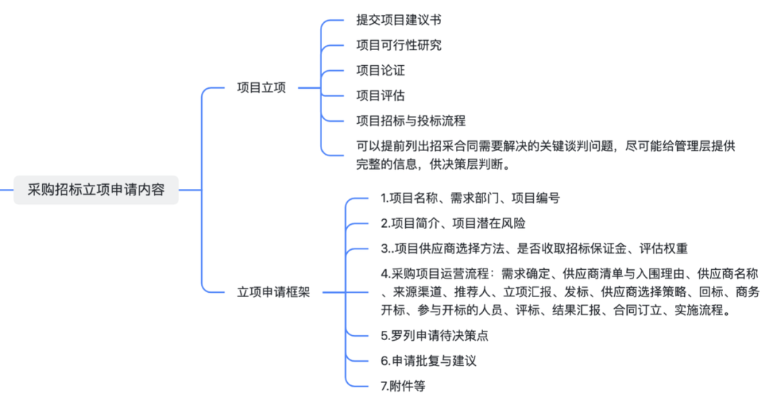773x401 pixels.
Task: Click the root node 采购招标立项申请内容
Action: [x=96, y=190]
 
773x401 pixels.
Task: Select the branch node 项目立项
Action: [x=261, y=88]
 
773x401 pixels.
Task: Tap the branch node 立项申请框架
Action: [x=273, y=292]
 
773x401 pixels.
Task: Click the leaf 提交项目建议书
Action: [x=404, y=20]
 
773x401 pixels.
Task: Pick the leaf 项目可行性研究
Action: [x=399, y=45]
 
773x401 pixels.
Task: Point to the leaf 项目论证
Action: [x=381, y=70]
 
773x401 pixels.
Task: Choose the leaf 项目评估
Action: [x=381, y=95]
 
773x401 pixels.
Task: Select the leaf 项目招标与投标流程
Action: [x=411, y=120]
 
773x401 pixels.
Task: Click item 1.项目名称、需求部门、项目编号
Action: [x=470, y=198]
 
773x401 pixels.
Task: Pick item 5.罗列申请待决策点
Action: [x=434, y=335]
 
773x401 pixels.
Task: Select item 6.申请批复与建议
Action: [x=428, y=360]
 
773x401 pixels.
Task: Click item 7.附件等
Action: [x=403, y=385]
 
